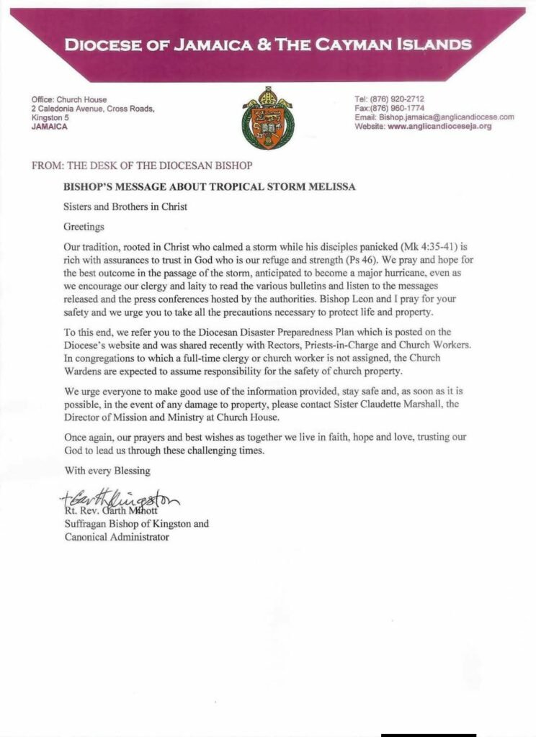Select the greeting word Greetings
(x=85, y=226)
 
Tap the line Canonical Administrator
(x=117, y=537)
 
